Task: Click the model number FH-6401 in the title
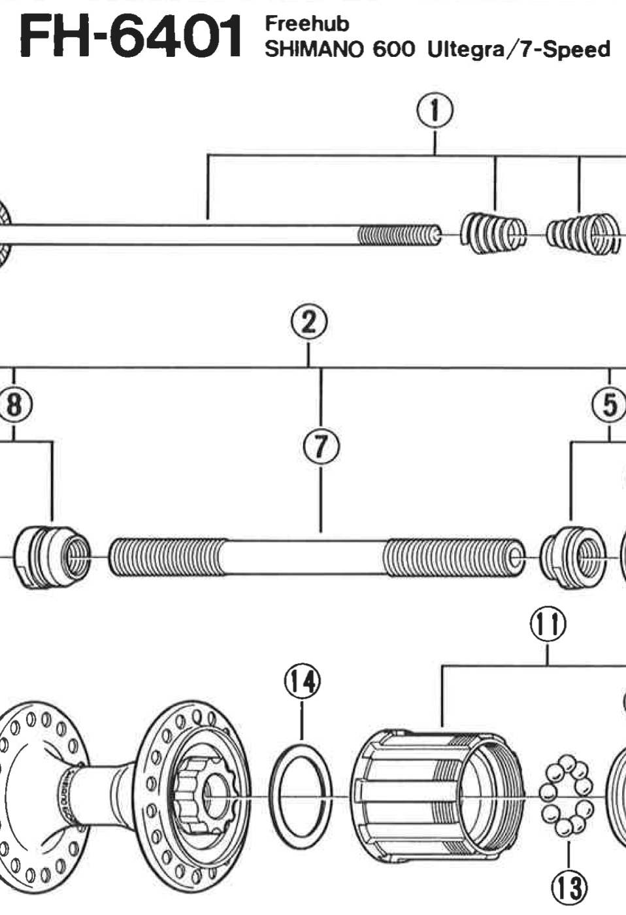[x=130, y=36]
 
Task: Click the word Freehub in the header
[x=306, y=24]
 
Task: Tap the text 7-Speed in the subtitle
[x=565, y=50]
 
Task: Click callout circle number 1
[x=435, y=112]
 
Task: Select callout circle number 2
[x=308, y=323]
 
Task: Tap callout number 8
[x=14, y=403]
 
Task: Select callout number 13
[x=569, y=888]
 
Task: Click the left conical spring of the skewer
[x=493, y=234]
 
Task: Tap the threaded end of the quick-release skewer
[x=399, y=235]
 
